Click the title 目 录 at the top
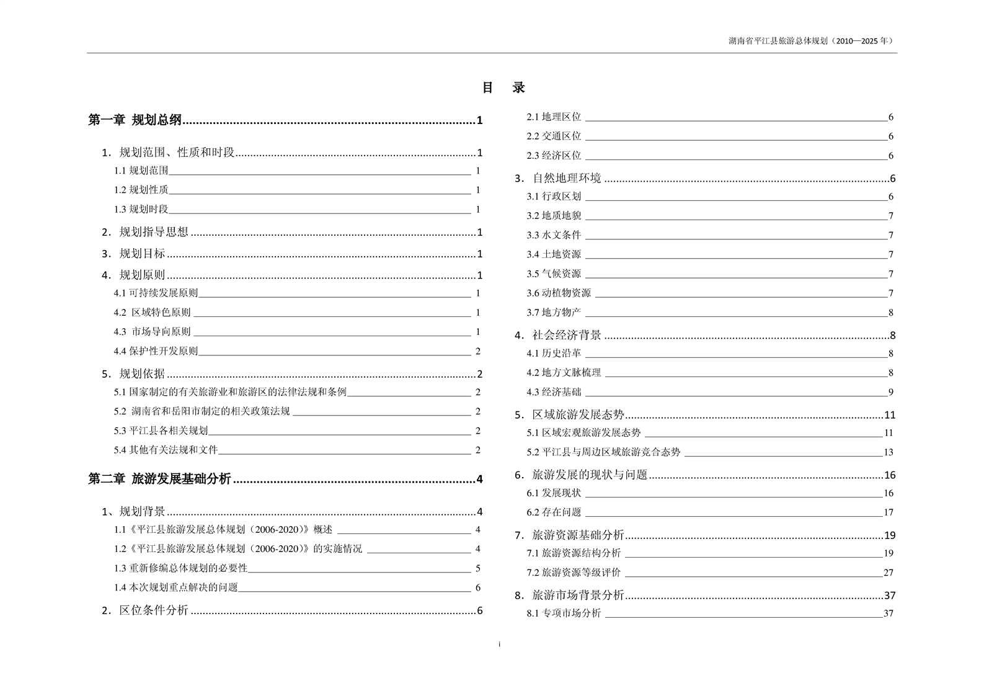coord(503,88)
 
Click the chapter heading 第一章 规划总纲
coord(135,120)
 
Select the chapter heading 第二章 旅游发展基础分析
coord(160,479)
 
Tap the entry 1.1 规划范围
coord(141,171)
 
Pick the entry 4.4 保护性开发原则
coord(156,351)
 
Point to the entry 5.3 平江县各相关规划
coord(161,431)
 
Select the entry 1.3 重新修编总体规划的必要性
coord(180,568)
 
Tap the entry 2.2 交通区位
coord(554,136)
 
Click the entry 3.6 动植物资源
coord(559,293)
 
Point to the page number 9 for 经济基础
coord(890,392)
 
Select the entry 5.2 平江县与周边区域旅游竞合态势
coord(603,452)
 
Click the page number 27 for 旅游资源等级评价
coord(889,573)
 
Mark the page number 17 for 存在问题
coord(889,512)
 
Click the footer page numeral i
coord(500,645)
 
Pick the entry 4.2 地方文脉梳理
coord(564,373)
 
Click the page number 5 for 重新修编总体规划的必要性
coord(478,568)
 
